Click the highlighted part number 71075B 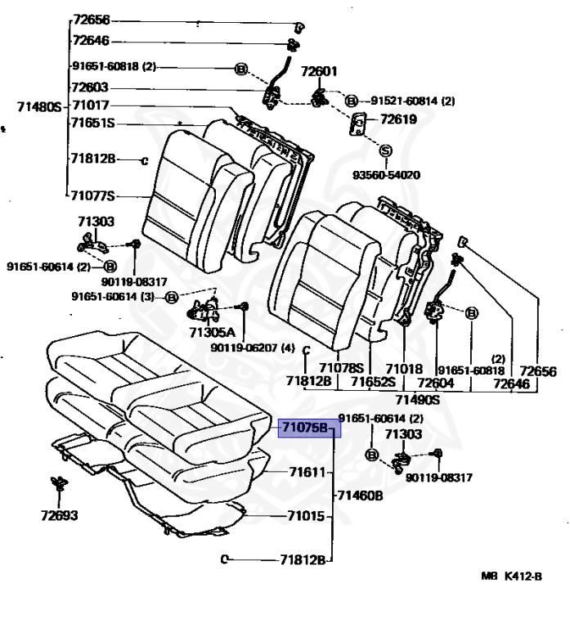[x=305, y=427]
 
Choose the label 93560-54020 [x=387, y=175]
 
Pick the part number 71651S [x=92, y=123]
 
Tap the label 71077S [x=92, y=195]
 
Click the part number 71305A [x=211, y=333]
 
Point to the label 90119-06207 [x=248, y=348]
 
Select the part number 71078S [x=341, y=368]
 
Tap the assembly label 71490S [x=418, y=399]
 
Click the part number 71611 [x=307, y=472]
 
